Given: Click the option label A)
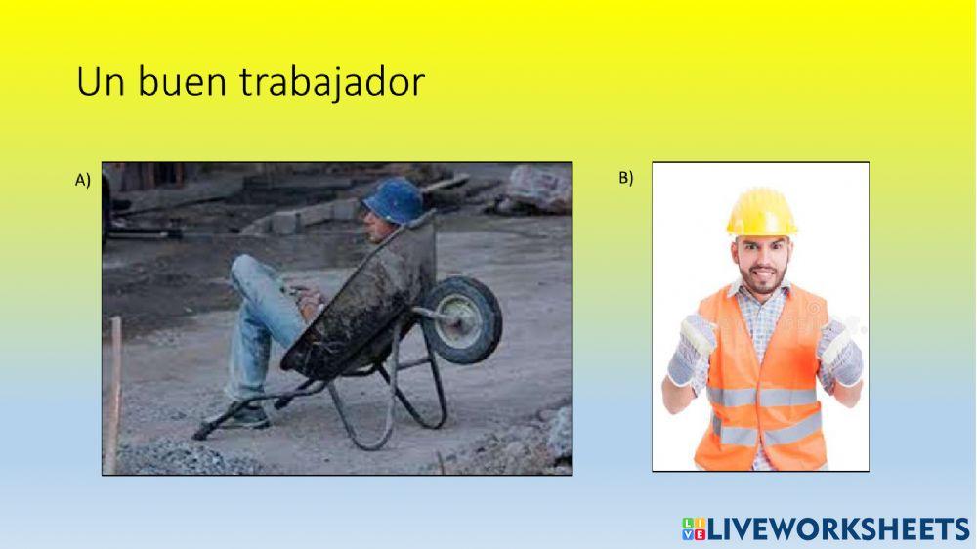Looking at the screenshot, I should (83, 179).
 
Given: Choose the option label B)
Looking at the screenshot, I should (626, 177).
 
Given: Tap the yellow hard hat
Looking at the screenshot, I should (761, 212).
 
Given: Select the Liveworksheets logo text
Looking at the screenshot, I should (838, 529).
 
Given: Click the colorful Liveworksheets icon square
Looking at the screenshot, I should (693, 529).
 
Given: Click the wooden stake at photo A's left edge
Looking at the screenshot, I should (113, 391).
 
